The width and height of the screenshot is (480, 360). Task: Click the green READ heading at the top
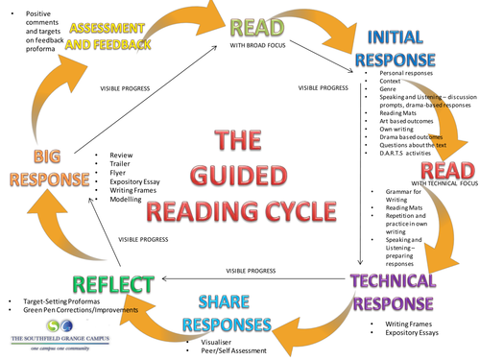[255, 25]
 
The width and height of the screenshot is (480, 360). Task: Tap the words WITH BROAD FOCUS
[258, 45]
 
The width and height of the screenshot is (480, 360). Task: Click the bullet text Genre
[391, 89]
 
